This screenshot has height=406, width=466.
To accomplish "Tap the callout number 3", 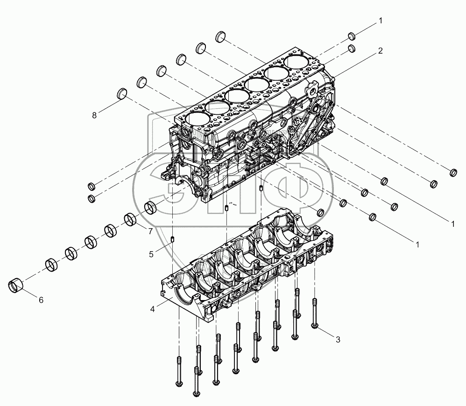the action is coord(338,339).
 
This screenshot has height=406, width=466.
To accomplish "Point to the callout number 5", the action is coord(151,254).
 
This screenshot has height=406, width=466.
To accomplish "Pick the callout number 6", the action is coord(41,300).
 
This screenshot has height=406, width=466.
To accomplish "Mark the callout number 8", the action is coord(94,115).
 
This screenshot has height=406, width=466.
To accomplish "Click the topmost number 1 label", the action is coord(381,21).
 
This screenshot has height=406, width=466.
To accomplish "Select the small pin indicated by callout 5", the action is coord(172,240).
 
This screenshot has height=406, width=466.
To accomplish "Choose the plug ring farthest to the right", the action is coord(452,173).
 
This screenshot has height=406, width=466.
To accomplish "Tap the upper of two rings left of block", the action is coord(92,187).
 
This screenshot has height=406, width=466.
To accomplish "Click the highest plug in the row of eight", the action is coord(221,36).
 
